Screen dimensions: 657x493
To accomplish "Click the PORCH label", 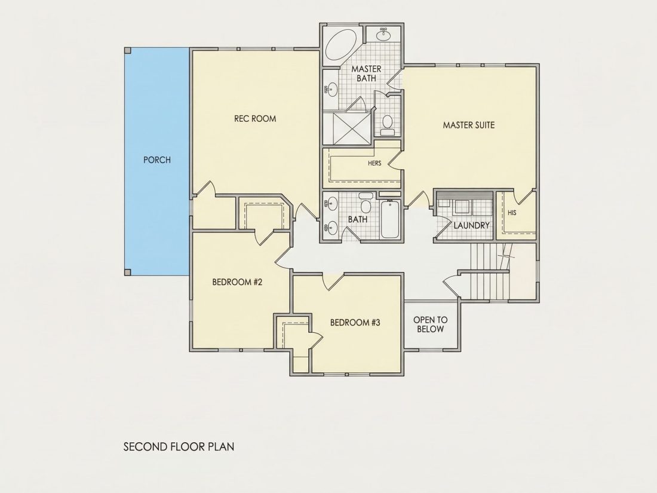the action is [156, 160].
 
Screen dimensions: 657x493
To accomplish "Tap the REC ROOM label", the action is [255, 119].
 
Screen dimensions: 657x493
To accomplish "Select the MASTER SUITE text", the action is [469, 125].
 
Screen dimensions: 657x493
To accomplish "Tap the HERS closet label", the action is [374, 164].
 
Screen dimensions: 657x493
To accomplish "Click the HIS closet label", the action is [512, 213].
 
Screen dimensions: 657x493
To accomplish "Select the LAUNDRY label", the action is [471, 225].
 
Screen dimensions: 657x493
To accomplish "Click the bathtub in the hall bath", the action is [389, 219].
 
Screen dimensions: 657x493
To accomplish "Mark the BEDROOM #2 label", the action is [237, 282].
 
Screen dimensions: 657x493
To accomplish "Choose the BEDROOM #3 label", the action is [355, 323].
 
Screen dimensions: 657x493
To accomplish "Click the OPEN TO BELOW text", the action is [430, 324].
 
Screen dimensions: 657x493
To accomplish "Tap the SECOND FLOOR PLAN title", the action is [179, 447].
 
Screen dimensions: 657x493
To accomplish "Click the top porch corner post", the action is [128, 51].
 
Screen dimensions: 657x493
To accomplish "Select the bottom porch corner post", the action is [128, 272].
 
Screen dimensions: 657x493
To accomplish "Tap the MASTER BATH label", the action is [366, 74].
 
